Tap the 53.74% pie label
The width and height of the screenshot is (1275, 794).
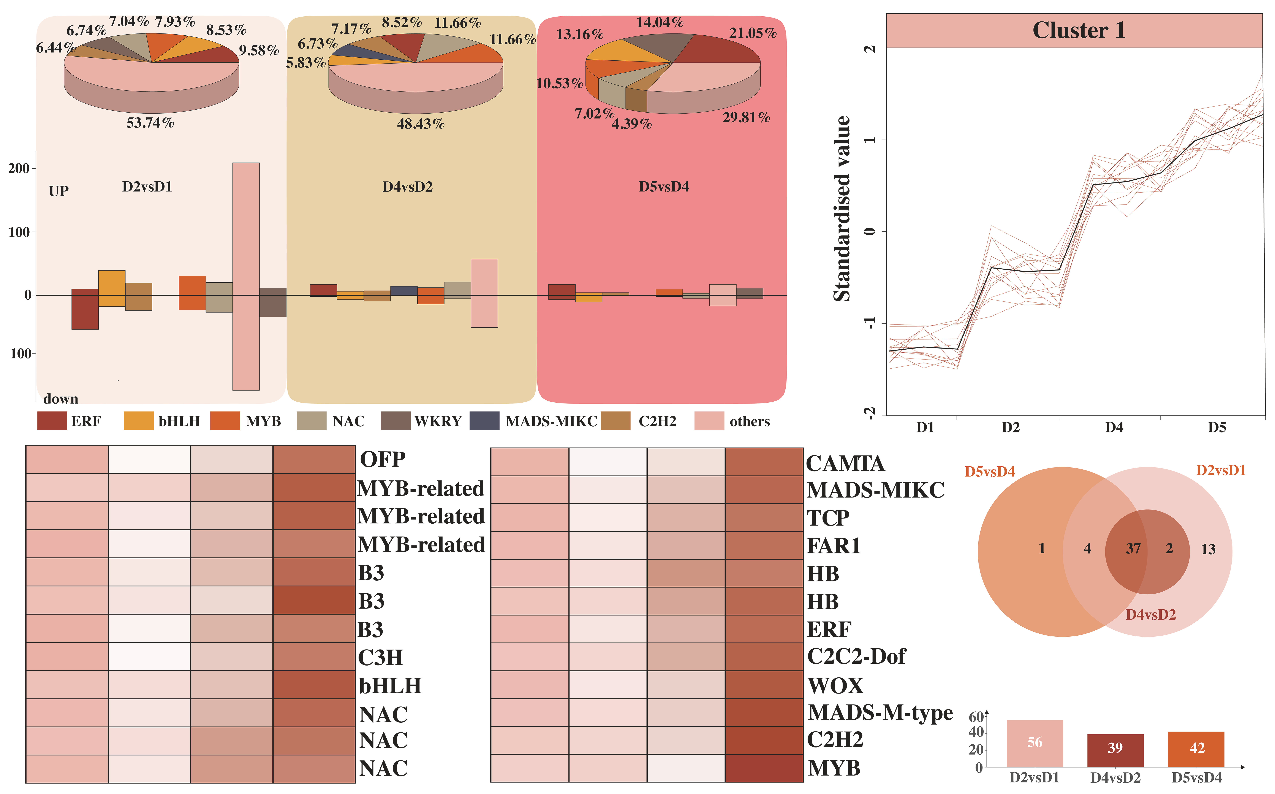[x=150, y=123]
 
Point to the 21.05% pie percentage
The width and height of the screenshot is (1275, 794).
[x=753, y=33]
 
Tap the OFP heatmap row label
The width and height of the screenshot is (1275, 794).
[x=382, y=460]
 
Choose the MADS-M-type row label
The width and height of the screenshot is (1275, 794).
[x=880, y=713]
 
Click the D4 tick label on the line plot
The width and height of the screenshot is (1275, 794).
[x=1114, y=427]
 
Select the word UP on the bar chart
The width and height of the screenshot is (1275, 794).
[x=58, y=191]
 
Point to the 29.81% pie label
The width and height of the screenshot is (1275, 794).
[x=746, y=118]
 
